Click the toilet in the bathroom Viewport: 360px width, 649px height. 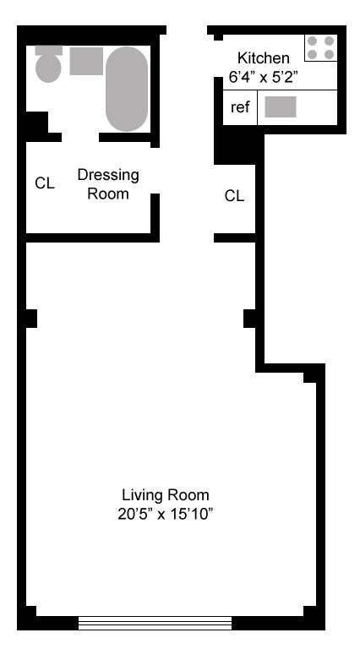pos(48,63)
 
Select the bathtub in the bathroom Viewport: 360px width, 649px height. pos(127,89)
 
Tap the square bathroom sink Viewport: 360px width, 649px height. pos(86,61)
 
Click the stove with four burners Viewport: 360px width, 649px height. pos(320,47)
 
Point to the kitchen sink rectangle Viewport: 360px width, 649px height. pos(281,106)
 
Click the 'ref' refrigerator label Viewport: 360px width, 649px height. pos(240,107)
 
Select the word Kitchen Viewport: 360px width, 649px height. pos(263,57)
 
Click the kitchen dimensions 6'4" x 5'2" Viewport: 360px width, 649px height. pos(263,77)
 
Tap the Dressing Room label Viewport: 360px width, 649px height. pos(108,184)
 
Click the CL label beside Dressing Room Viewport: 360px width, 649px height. pos(45,183)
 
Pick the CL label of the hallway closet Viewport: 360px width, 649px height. pos(234,196)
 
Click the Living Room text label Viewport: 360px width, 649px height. pos(166,494)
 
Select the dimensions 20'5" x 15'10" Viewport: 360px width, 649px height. pos(166,515)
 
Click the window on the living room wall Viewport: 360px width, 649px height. pos(155,623)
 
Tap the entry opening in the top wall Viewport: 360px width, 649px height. pos(187,30)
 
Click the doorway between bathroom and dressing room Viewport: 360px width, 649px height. pos(80,138)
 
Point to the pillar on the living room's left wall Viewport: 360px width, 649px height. pos(31,319)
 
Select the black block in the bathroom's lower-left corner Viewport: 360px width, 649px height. pos(37,123)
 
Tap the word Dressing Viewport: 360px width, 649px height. pos(108,176)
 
